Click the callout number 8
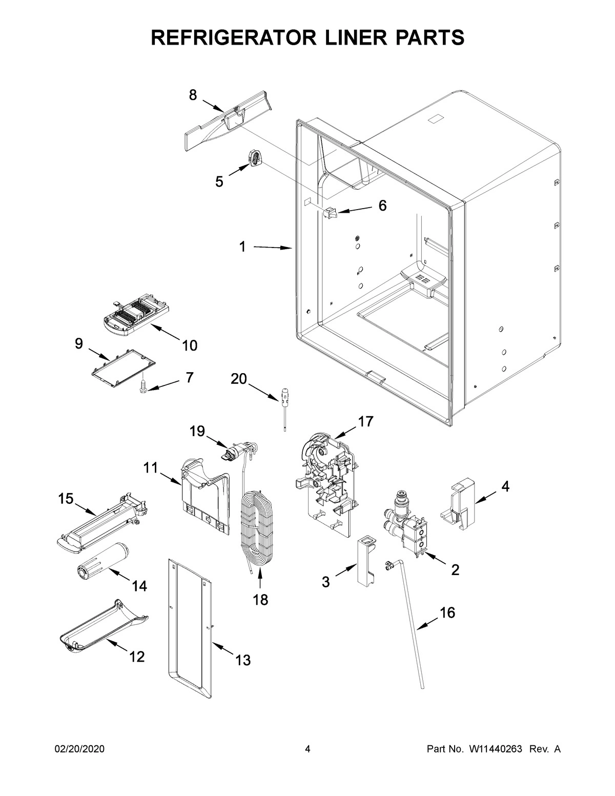(192, 95)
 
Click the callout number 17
(365, 422)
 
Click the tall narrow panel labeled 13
(190, 630)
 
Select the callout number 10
(190, 346)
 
